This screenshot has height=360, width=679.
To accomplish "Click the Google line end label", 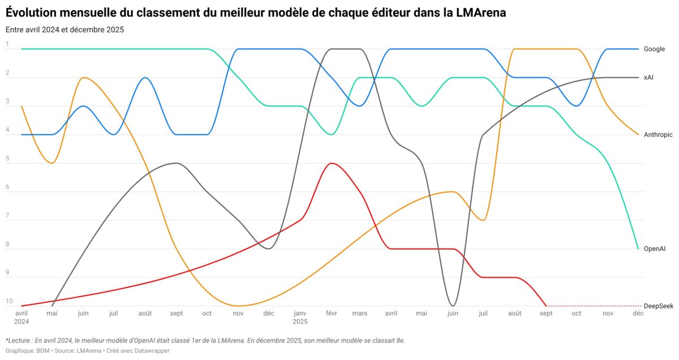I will coord(654,49).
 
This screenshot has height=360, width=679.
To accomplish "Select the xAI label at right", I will coord(648,78).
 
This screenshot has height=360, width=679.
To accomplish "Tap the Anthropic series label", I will coord(658,135).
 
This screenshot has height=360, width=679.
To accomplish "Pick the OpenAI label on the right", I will coord(655,248).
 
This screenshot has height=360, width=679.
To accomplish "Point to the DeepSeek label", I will coord(658,306).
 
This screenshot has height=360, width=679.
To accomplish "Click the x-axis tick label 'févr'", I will coord(331,313).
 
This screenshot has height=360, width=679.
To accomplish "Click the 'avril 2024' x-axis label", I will coord(21,317).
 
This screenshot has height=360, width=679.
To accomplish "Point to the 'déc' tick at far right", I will coord(638,313).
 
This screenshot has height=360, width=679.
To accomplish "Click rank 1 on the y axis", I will coord(7,44).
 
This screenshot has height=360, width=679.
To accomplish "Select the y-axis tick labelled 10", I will coord(9,301).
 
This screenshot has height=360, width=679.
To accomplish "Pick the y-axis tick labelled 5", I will coord(7,158).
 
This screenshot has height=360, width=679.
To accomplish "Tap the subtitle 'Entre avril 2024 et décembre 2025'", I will coord(65,29).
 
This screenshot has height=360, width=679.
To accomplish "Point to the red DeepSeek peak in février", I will coord(332,163).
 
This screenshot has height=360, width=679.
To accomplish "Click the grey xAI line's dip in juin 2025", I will coord(452,305).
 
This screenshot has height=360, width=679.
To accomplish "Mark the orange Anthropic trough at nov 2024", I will coord(238,306).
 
